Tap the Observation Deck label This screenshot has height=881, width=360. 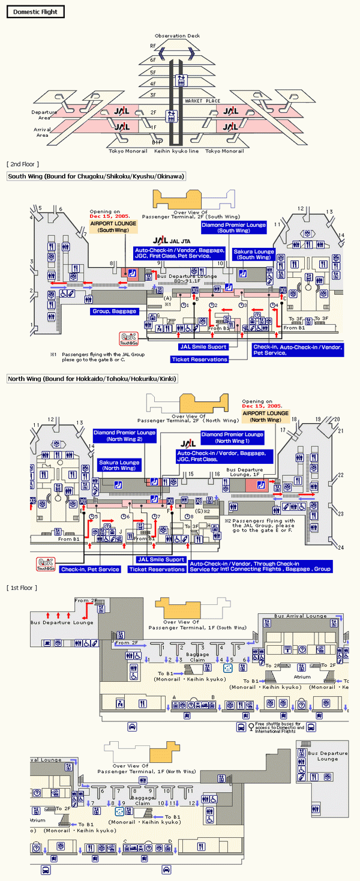click(177, 36)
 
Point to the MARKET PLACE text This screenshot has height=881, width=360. click(203, 101)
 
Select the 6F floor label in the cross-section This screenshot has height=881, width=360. click(153, 59)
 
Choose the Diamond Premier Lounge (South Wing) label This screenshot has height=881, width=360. click(233, 227)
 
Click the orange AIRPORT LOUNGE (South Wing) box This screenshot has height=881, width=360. click(113, 226)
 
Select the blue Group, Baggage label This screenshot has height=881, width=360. click(114, 311)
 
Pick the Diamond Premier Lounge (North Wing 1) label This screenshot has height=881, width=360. click(233, 437)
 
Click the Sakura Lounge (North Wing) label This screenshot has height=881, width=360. click(119, 465)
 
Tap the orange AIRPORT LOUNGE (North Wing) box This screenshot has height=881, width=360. click(265, 416)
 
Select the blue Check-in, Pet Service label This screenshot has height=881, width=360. click(90, 569)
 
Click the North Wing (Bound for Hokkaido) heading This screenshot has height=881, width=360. click(92, 379)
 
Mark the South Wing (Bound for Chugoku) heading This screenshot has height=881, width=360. click(96, 176)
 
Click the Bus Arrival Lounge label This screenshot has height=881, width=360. click(301, 616)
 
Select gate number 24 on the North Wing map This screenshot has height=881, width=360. click(340, 547)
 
